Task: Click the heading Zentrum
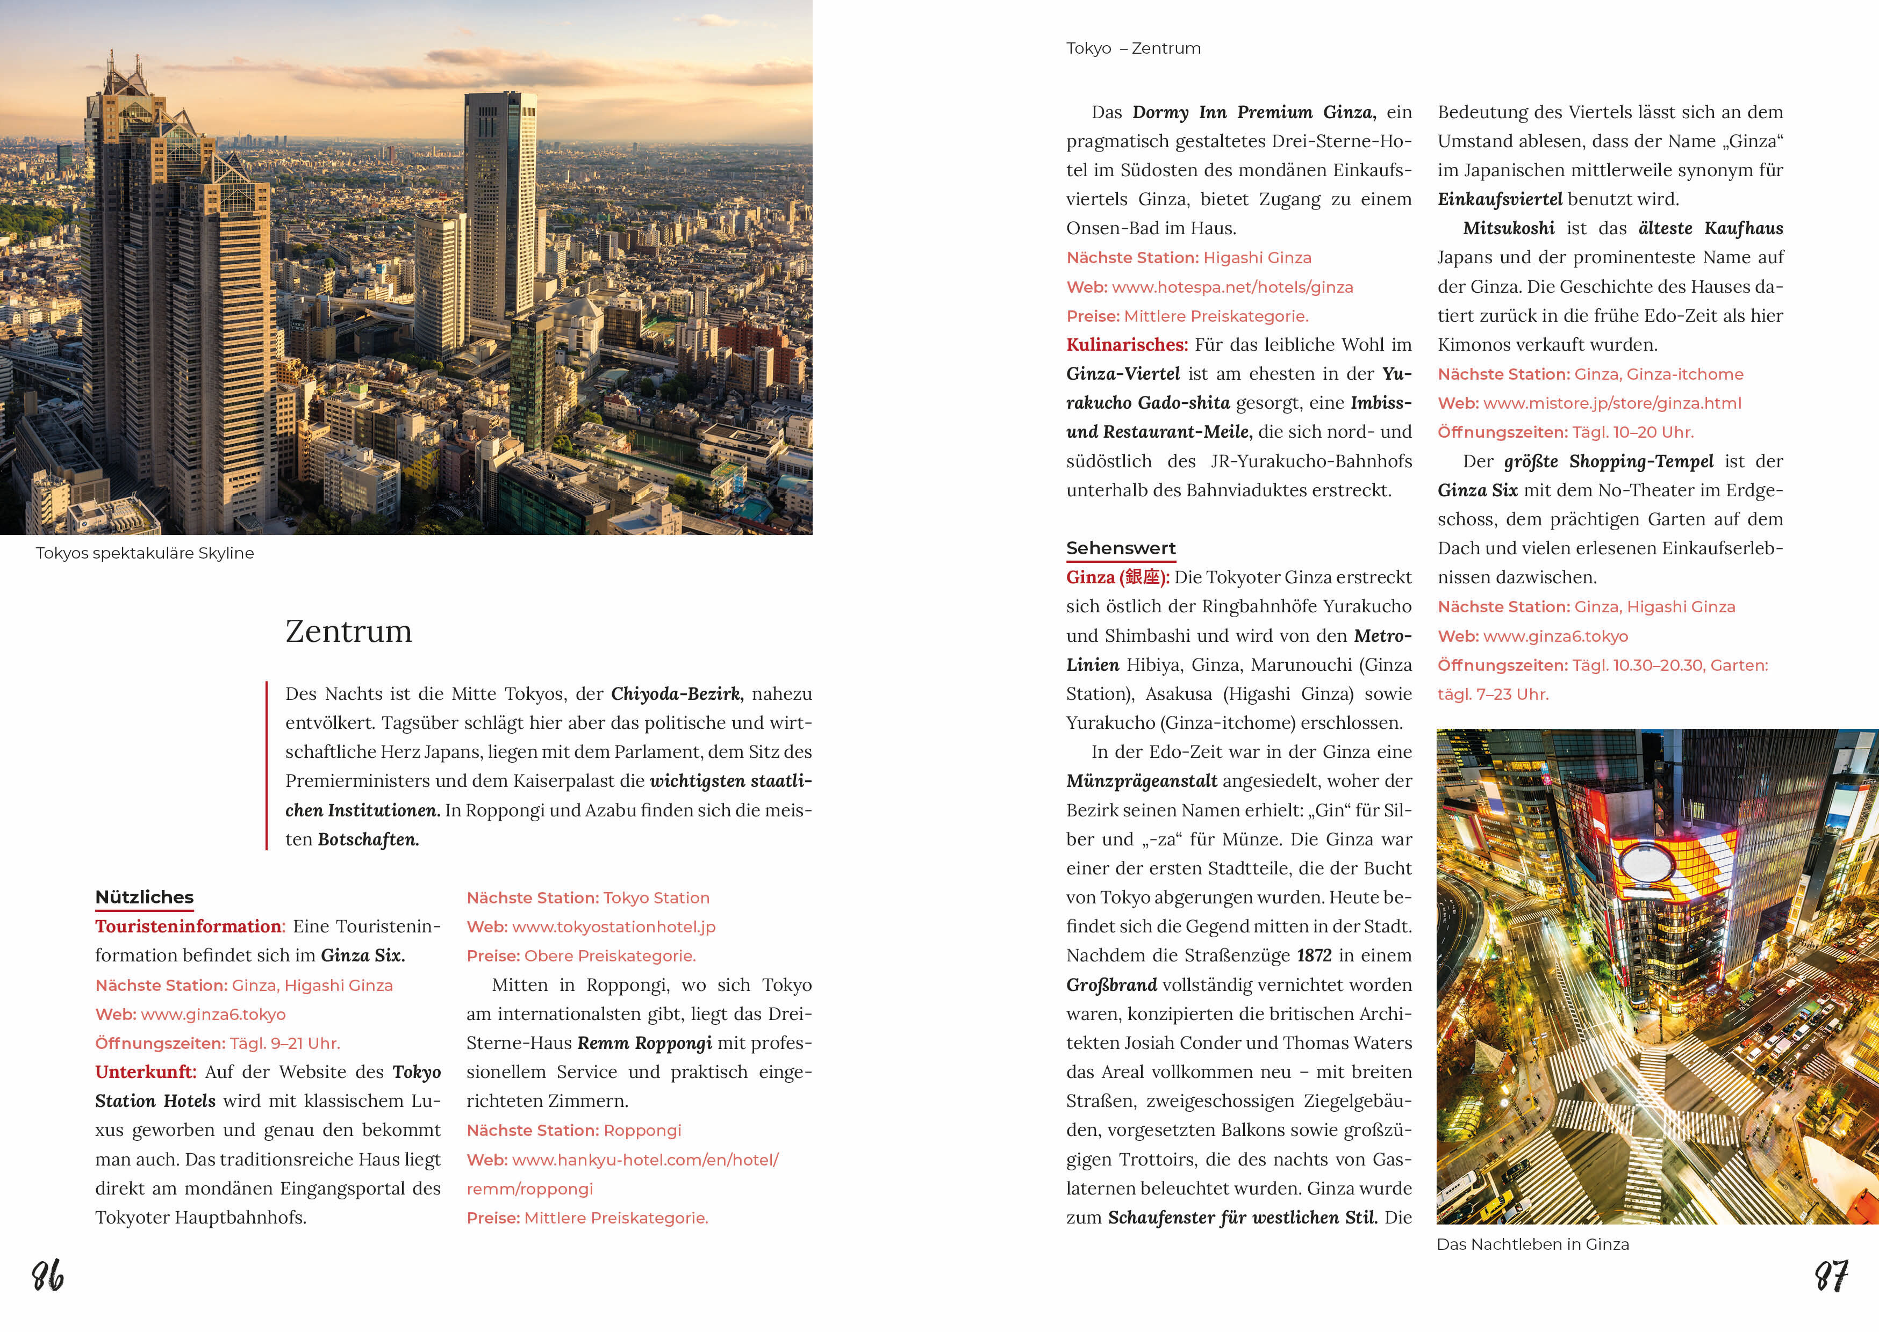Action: coord(349,632)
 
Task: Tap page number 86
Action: coord(48,1276)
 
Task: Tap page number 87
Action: coord(1831,1276)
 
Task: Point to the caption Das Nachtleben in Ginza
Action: coord(1533,1244)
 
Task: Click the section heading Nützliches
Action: coord(145,897)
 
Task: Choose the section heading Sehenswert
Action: coord(1120,548)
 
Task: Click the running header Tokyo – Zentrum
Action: coord(1133,48)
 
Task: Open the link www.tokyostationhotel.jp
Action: coord(613,927)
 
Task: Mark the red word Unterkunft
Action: coord(145,1072)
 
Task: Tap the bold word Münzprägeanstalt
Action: coord(1142,781)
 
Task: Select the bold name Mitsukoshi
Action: coord(1508,229)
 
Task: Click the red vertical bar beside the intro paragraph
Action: coord(267,765)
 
